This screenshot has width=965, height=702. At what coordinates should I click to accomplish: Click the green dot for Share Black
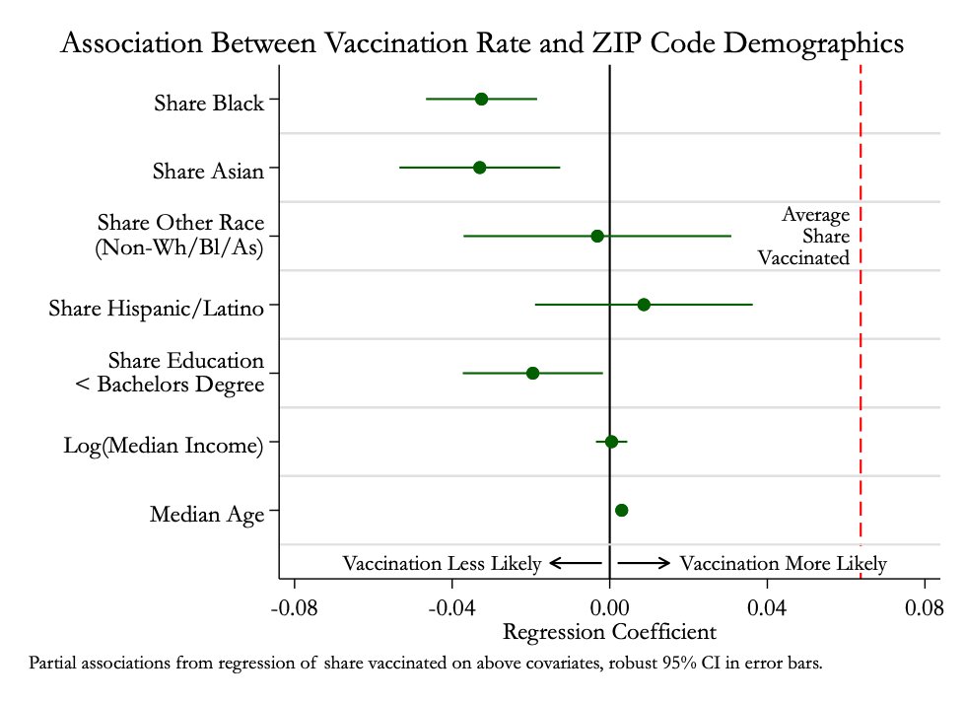point(481,99)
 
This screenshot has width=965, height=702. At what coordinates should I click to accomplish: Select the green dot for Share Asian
point(479,168)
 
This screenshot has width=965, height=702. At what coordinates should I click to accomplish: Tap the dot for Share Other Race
point(597,236)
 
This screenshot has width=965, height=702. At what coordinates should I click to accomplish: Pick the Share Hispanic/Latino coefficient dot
point(644,305)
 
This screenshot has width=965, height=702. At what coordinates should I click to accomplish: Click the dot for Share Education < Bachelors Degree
point(532,373)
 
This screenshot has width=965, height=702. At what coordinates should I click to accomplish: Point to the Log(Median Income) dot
point(611,442)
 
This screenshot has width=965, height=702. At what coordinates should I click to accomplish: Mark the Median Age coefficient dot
point(621,510)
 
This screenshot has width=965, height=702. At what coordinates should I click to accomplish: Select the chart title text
point(482,44)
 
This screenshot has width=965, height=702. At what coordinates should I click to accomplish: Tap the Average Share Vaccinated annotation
point(804,237)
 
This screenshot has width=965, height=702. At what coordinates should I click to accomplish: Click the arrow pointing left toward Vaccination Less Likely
point(576,563)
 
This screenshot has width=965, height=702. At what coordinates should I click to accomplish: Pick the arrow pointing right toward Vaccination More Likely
point(645,563)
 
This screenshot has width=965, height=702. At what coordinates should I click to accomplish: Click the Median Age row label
point(207,514)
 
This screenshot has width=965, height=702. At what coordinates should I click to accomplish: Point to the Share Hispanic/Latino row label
point(156,309)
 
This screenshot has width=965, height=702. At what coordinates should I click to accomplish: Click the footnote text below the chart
point(426,662)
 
